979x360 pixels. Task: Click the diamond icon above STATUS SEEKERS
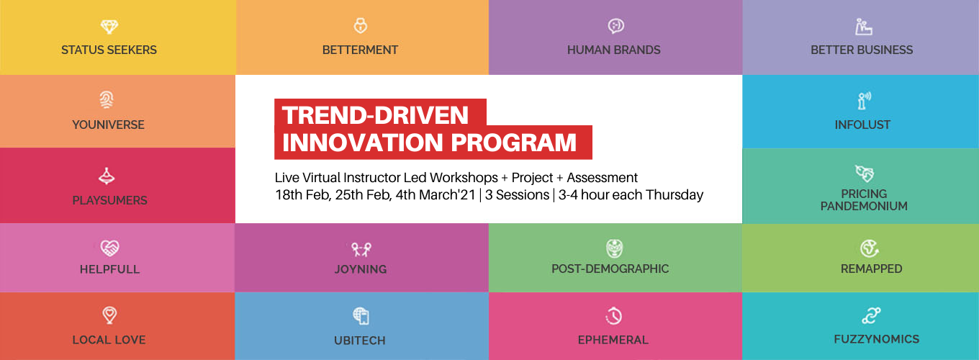(109, 27)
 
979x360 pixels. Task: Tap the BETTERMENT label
(360, 50)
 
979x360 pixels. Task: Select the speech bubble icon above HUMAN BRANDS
(615, 26)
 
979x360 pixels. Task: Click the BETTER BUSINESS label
(862, 50)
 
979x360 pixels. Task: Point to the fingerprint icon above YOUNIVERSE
(107, 99)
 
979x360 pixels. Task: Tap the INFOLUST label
(862, 125)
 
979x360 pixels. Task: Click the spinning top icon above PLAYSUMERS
(107, 176)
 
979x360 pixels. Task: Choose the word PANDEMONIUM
(864, 206)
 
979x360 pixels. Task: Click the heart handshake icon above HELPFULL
(109, 248)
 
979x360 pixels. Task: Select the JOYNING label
(361, 269)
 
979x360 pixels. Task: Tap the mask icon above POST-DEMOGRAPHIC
(615, 248)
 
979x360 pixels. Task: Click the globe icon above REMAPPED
(870, 248)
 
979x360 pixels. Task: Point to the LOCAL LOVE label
(109, 340)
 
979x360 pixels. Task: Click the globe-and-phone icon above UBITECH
(361, 316)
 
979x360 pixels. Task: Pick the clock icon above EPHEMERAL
(613, 316)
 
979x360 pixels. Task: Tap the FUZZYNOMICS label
(876, 339)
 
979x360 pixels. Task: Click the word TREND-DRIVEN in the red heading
(376, 115)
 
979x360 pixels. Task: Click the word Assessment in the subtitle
(603, 178)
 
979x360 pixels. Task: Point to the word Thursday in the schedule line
(675, 195)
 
